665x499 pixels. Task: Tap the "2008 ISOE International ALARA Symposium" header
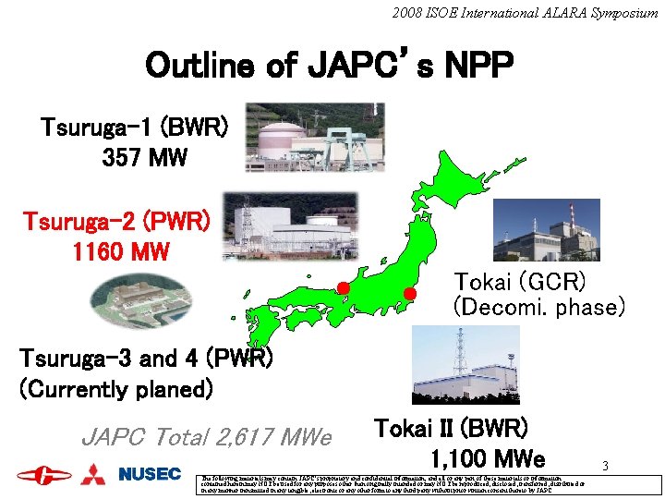(x=524, y=13)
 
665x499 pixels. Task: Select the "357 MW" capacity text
(x=144, y=157)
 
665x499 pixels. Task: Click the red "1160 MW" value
(x=121, y=251)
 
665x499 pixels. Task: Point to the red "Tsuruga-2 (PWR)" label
(x=116, y=222)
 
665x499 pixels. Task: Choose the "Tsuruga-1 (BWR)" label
(x=134, y=127)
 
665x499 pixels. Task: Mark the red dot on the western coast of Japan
(x=343, y=287)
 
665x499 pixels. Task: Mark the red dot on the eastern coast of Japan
(x=411, y=294)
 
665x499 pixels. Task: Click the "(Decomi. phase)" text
(x=539, y=306)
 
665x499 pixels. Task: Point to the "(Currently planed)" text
(x=116, y=388)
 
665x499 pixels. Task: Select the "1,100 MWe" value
(x=488, y=458)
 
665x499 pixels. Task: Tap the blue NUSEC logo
(x=150, y=474)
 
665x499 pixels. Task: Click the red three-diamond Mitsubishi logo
(x=94, y=474)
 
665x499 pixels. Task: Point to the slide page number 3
(x=605, y=466)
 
